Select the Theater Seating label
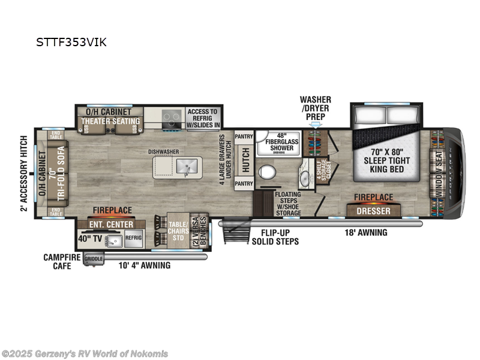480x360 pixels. (110, 121)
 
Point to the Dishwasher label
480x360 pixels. (166, 152)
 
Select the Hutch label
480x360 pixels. (245, 160)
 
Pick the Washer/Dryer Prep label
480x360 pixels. (315, 108)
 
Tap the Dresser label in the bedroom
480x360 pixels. (374, 211)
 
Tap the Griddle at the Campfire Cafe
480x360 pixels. (94, 259)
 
